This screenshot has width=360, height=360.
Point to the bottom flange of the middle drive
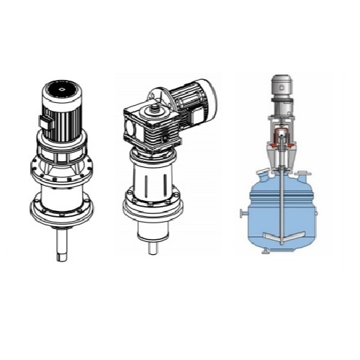[x=153, y=209]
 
